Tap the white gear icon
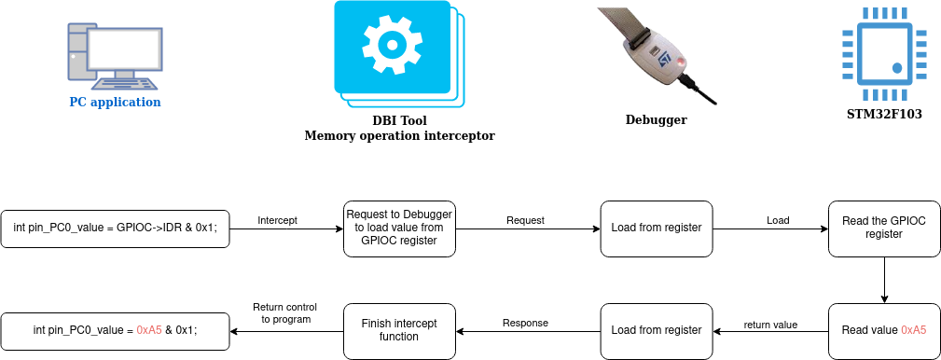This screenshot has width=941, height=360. coord(392,45)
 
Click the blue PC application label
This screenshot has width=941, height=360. coord(116,102)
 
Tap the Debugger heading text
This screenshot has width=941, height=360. coord(656,119)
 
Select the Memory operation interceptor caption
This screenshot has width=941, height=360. coord(400,135)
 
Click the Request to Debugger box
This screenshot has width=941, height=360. coord(400,228)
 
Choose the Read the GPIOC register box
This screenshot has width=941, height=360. coord(884,228)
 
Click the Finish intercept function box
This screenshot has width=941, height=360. coord(400,330)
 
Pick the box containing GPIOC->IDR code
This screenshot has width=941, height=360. coord(116,228)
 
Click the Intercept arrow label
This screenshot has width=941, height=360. coord(277,220)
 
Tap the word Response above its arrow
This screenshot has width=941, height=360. coord(525,323)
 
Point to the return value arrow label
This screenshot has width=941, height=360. coord(770,325)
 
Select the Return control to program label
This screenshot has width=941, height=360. coord(285,313)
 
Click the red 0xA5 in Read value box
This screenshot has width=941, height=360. coord(913,330)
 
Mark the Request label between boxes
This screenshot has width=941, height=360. coord(525,220)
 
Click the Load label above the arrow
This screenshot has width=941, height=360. coord(778,220)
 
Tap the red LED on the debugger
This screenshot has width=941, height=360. coord(681,62)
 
